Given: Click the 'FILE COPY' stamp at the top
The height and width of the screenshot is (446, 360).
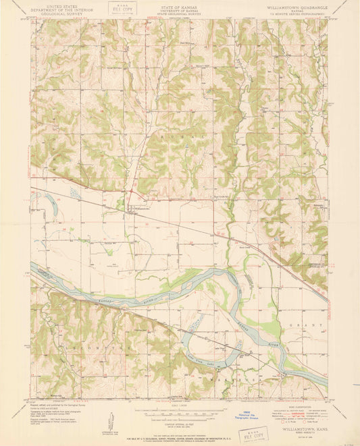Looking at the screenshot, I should tap(122, 10).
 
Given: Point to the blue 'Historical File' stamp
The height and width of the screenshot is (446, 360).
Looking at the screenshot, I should tap(234, 412).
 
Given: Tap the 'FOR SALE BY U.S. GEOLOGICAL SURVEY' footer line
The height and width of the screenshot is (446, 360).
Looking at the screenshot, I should tap(179, 424).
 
